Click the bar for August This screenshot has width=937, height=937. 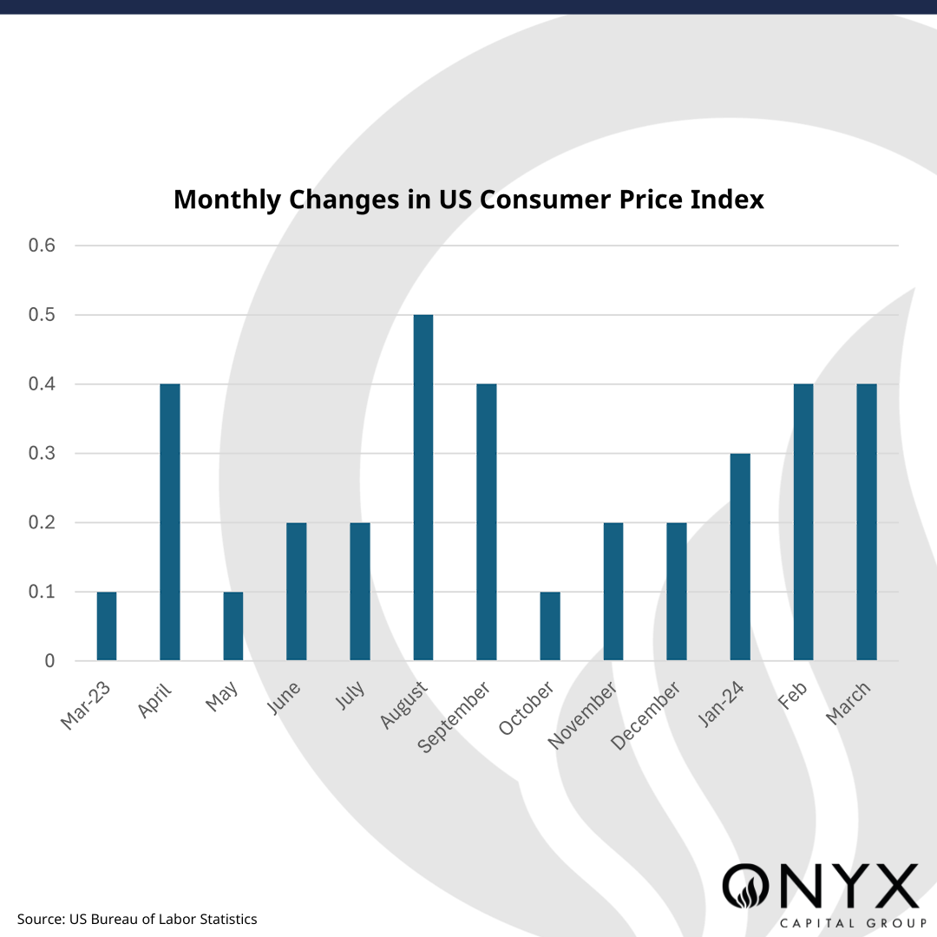[423, 488]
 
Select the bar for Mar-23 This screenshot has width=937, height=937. [107, 626]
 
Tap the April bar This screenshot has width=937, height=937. [170, 522]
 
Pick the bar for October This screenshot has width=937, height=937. [550, 626]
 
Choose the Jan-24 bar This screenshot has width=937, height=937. [740, 557]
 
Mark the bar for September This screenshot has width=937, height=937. [487, 522]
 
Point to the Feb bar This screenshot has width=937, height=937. [803, 522]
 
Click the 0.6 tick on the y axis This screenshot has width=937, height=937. [42, 246]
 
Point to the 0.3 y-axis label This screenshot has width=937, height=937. [42, 454]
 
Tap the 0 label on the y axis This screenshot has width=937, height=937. [49, 661]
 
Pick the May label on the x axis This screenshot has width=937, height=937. [223, 696]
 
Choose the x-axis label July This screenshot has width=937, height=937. [351, 696]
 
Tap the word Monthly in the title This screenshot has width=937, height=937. [227, 200]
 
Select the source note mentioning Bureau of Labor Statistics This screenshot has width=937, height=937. [137, 919]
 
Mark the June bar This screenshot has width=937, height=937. [297, 592]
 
